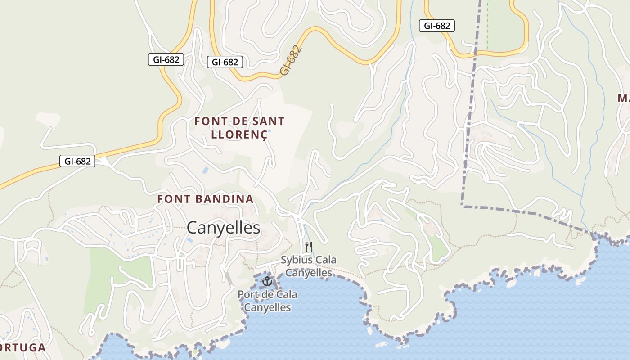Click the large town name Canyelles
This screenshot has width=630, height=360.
(x=223, y=228)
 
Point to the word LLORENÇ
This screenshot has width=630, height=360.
(x=239, y=134)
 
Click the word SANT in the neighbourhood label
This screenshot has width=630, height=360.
(x=268, y=121)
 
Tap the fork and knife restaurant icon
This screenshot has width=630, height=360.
(x=309, y=246)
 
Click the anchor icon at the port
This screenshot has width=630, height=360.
(x=267, y=282)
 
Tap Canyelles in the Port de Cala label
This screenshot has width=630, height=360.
(x=267, y=307)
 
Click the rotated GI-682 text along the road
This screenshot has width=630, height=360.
(x=290, y=60)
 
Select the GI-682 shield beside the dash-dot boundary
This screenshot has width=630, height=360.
(x=437, y=26)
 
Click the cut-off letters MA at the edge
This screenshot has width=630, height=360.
(x=624, y=98)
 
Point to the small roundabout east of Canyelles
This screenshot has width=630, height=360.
(x=298, y=219)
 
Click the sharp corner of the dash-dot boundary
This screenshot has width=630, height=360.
(x=463, y=205)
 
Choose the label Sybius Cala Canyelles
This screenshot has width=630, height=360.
(x=309, y=266)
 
